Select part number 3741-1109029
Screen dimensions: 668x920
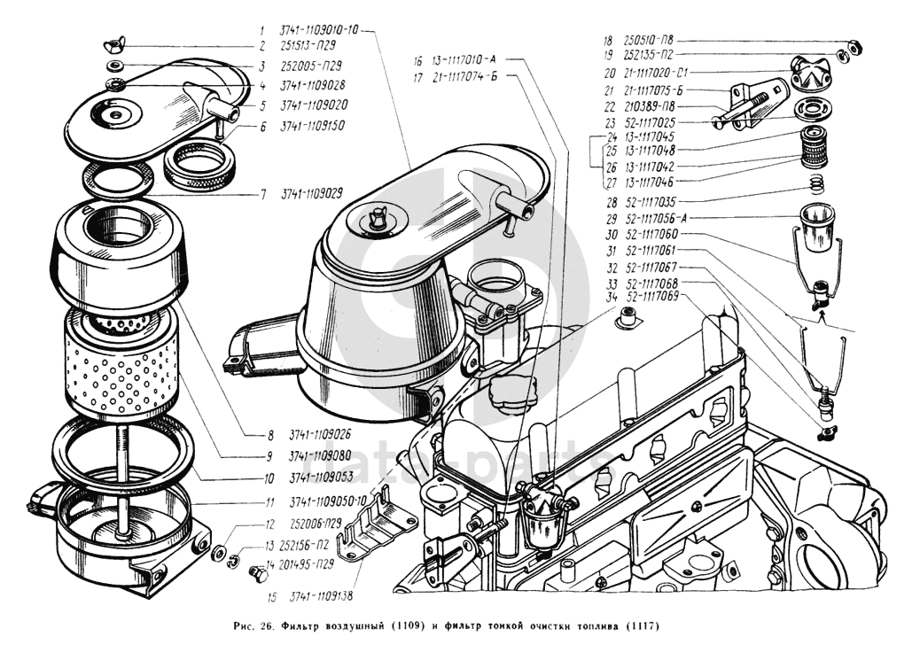coord(313,192)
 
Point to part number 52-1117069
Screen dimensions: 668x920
coord(651,298)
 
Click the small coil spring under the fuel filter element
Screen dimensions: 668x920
coord(816,184)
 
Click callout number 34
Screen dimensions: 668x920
coord(610,298)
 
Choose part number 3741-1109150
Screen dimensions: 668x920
coord(315,126)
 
